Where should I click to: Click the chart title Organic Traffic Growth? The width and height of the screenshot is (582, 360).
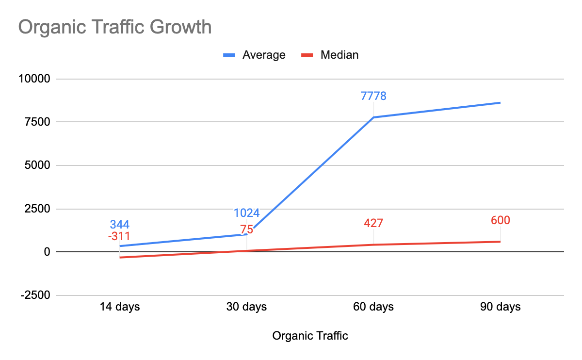coord(115,27)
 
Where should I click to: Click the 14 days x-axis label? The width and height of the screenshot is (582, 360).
coord(120,307)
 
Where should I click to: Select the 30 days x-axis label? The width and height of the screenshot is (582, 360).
coord(246,307)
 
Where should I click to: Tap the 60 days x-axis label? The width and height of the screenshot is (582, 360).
coord(373,307)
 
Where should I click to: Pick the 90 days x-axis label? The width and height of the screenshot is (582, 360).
coord(501,307)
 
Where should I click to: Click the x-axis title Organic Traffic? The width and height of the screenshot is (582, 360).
coord(310,336)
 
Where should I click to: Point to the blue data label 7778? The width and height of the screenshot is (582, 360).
coord(373,96)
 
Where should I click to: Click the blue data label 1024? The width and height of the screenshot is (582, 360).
coord(246,213)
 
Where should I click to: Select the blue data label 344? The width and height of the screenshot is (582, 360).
coord(120,225)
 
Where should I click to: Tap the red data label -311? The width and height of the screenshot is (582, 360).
coord(119,237)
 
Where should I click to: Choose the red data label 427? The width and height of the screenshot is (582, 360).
coord(373,224)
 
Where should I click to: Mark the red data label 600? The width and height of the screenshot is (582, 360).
coord(501,220)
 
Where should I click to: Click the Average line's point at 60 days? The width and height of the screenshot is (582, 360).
coord(373,117)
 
